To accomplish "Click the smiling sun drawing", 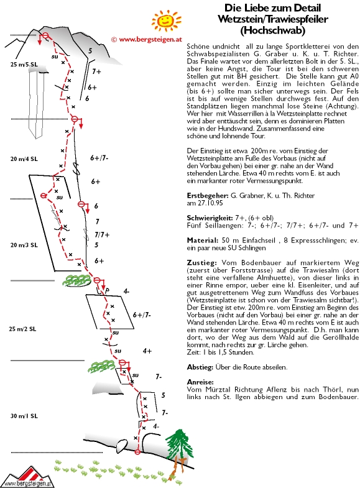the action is point(165,21).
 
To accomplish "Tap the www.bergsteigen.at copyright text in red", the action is point(146,40).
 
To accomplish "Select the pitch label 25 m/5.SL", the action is point(24,65).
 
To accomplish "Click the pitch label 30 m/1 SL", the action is point(24,416).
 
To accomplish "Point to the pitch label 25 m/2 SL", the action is point(22,329).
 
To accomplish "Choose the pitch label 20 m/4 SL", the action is point(24,159).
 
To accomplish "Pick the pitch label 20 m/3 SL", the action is point(24,245).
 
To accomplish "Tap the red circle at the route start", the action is point(137,451).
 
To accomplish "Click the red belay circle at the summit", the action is point(45,35).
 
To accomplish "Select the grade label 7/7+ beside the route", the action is point(102,234).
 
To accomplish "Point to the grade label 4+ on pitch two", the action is point(147,351).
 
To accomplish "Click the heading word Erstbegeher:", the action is point(208,196).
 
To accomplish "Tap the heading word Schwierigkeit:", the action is point(210,218).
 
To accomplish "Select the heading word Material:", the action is point(202,240).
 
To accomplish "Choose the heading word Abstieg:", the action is point(200,367).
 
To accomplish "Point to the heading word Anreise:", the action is point(200,382).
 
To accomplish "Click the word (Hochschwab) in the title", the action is point(272,30).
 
